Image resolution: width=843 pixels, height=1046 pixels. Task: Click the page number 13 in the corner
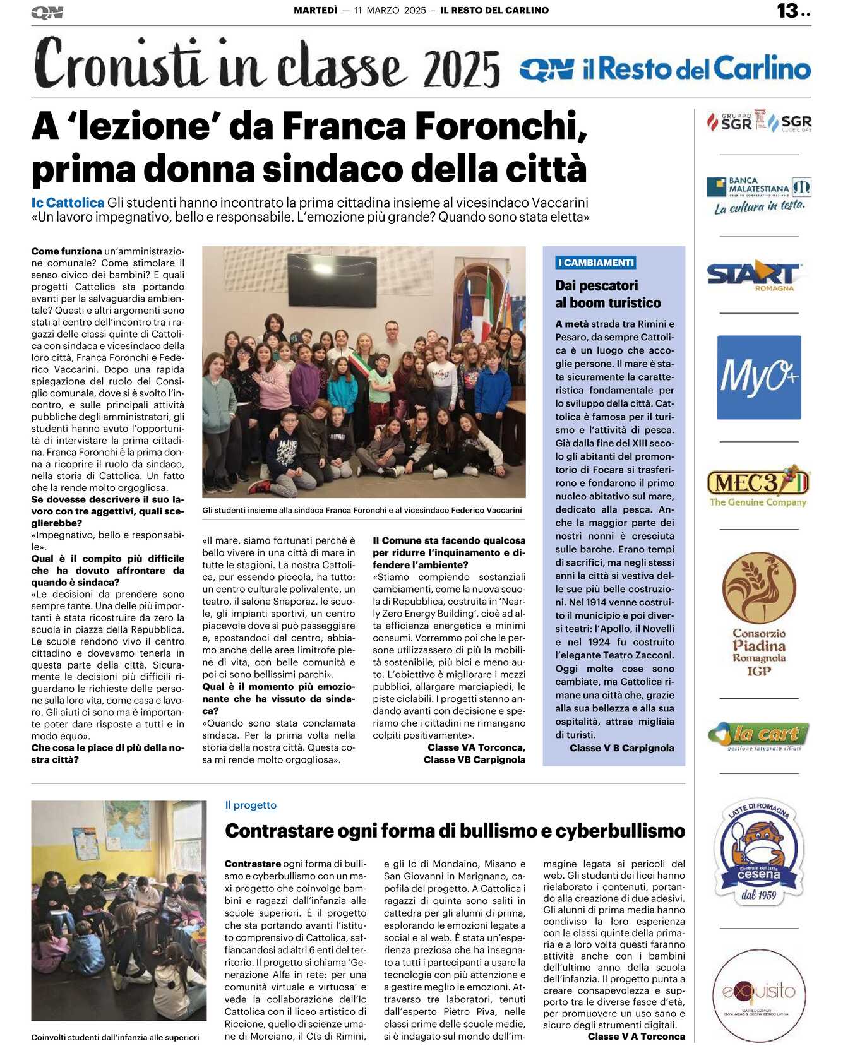(x=787, y=11)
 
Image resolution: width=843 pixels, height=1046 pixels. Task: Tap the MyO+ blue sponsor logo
(x=758, y=377)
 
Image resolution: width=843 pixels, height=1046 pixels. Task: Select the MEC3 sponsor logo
(x=758, y=487)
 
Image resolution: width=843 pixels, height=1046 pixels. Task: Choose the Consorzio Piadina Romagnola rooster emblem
(x=758, y=587)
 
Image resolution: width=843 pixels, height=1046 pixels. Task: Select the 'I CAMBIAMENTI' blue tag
(x=595, y=263)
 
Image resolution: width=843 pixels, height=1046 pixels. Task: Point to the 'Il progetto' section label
(x=251, y=805)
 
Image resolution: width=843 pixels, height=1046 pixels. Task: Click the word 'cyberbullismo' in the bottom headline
(x=621, y=831)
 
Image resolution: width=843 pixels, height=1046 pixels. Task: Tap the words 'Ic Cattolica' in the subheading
(x=68, y=203)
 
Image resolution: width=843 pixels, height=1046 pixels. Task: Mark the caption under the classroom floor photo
(x=115, y=1037)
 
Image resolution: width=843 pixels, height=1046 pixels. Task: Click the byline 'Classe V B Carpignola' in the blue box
(x=621, y=748)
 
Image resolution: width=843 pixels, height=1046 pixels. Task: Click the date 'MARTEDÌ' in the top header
(x=315, y=10)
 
